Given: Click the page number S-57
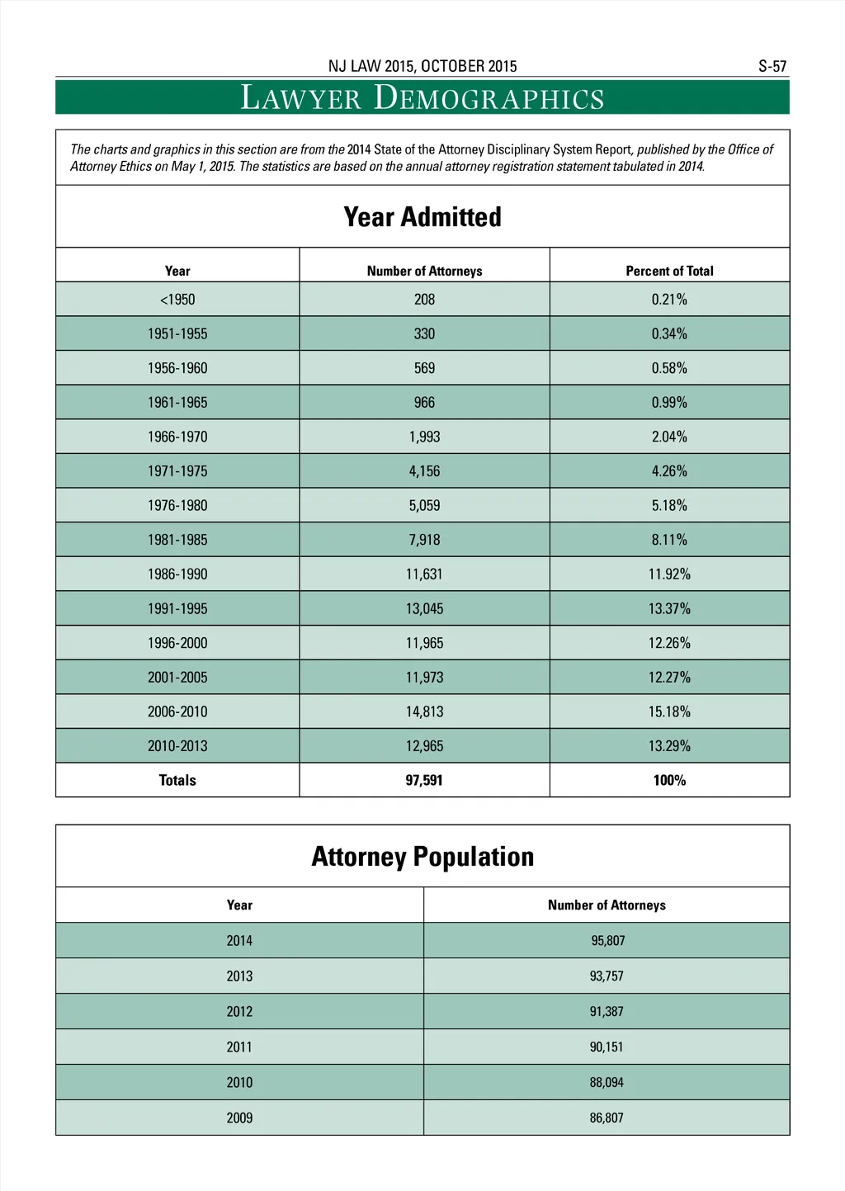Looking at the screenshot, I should coord(772,66).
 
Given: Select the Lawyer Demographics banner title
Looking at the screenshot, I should coord(422,97).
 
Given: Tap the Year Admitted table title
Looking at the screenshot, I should coord(422,217).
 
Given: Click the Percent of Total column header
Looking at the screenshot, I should coord(669,271).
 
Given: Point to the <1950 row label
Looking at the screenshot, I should coord(177,300).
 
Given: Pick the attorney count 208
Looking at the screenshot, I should coord(424,300).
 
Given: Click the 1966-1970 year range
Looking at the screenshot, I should coord(177,437).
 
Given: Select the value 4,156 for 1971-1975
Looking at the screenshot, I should coord(424,471).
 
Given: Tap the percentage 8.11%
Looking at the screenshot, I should coord(669,540).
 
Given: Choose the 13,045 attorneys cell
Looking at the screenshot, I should coord(424,608).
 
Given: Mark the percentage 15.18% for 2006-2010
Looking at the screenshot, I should coord(669,711).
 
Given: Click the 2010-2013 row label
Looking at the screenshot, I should coord(177,746).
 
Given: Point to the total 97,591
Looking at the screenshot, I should coord(424,780).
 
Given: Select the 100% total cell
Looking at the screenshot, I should coord(669,780).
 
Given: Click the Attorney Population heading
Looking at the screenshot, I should coord(422,857).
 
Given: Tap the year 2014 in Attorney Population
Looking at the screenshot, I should coord(239,940).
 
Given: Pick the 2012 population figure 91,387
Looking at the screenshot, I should coord(607,1011).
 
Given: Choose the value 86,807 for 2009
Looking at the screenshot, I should coord(607,1118).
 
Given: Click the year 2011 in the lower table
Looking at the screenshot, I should coord(239,1047).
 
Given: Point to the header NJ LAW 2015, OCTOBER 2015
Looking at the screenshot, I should coord(422,66).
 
